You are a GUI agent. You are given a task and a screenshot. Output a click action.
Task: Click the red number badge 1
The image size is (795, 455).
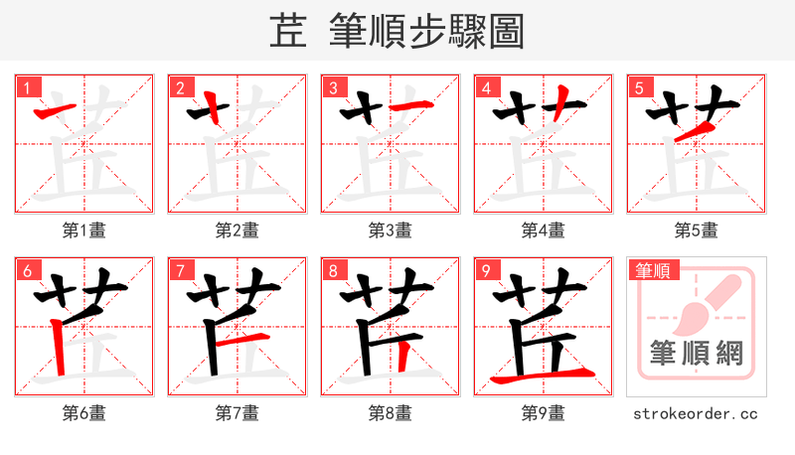[27, 87]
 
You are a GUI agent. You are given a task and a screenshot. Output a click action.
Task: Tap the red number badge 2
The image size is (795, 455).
[180, 87]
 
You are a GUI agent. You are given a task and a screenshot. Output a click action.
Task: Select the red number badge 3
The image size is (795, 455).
[333, 87]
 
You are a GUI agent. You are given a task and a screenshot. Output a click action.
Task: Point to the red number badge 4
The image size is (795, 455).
[486, 87]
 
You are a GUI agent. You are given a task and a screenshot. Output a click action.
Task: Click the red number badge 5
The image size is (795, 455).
[639, 87]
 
